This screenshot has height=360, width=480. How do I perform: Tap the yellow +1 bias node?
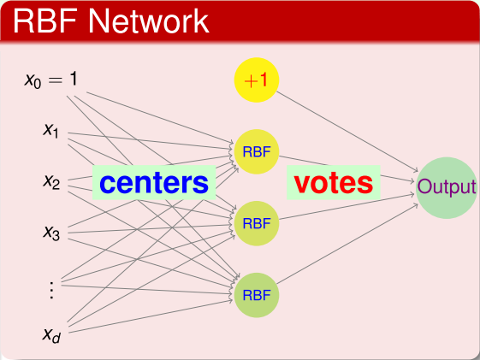pyautogui.click(x=257, y=80)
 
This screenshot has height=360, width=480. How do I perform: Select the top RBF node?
pyautogui.click(x=257, y=152)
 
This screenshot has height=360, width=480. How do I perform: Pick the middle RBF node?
pyautogui.click(x=257, y=223)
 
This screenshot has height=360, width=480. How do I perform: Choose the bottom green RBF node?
pyautogui.click(x=257, y=295)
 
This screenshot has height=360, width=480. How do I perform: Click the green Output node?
pyautogui.click(x=446, y=187)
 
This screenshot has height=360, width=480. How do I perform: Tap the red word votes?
pyautogui.click(x=334, y=182)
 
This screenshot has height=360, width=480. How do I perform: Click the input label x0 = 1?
pyautogui.click(x=51, y=80)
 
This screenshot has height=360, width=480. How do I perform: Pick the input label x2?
pyautogui.click(x=51, y=181)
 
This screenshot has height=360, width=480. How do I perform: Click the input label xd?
pyautogui.click(x=52, y=333)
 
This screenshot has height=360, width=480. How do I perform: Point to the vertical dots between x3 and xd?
pyautogui.click(x=51, y=289)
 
